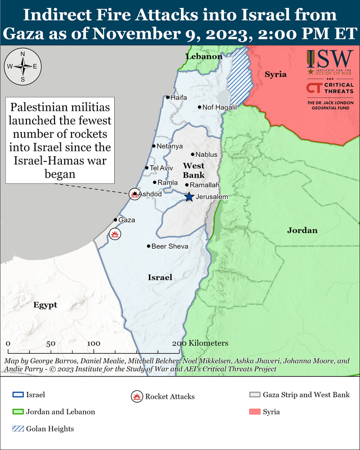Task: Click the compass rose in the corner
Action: tap(22, 66)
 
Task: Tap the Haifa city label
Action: tap(178, 97)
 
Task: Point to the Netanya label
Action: tap(169, 146)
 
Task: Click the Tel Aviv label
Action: tap(161, 168)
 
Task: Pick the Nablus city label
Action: tap(207, 154)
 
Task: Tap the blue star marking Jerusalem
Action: tap(189, 197)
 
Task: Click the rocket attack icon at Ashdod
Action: tap(134, 194)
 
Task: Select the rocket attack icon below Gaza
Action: tap(115, 233)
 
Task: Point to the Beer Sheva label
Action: tap(170, 246)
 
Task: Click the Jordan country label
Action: tap(302, 230)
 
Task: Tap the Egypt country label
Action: tap(45, 305)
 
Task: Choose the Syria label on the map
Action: tap(276, 74)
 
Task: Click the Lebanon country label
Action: tap(204, 57)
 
